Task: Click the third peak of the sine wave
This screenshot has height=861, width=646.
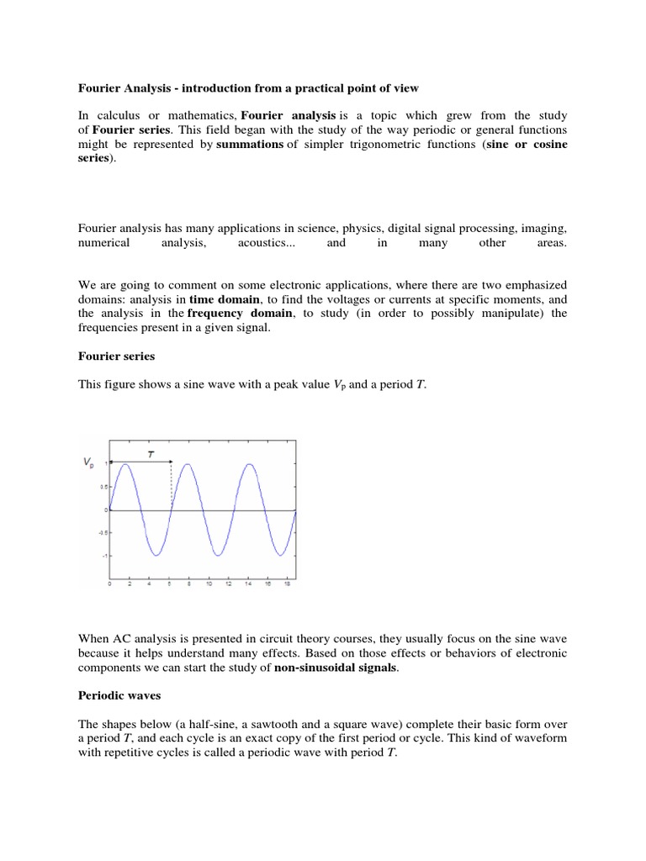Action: click(249, 464)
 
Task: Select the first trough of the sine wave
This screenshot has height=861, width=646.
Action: click(156, 555)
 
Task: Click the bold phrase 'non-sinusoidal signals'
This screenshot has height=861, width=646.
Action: click(347, 668)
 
